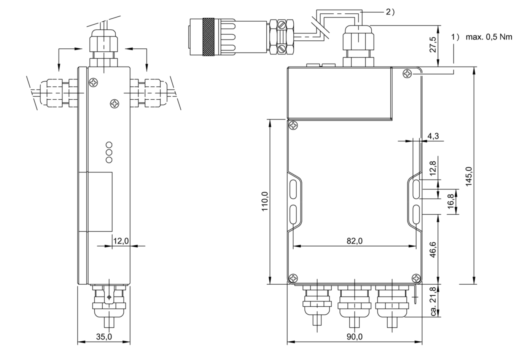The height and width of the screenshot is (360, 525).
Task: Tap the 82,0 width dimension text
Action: (355, 241)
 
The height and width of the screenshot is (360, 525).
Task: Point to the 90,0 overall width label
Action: (355, 337)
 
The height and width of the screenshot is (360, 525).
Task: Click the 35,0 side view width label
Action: (103, 337)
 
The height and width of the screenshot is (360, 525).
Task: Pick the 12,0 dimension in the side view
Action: (121, 241)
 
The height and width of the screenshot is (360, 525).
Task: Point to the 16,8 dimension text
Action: (451, 201)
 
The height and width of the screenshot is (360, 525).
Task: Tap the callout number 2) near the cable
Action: (390, 12)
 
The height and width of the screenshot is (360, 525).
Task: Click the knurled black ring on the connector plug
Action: (209, 37)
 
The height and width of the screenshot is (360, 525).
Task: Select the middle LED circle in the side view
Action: (109, 152)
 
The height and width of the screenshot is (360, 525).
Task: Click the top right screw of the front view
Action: (407, 73)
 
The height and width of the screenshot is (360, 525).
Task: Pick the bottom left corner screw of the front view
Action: (293, 278)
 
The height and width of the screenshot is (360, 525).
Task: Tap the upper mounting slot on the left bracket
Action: (293, 189)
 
